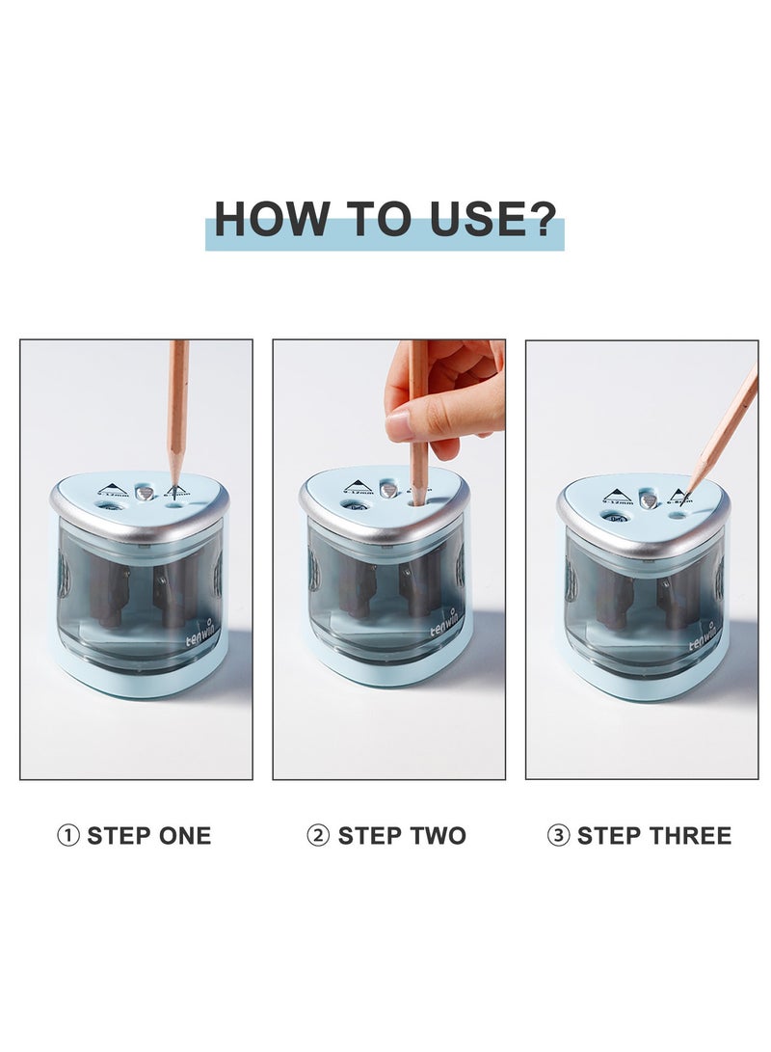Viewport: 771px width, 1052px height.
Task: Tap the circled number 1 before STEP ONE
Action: pos(68,836)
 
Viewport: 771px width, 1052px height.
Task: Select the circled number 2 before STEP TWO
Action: pos(318,836)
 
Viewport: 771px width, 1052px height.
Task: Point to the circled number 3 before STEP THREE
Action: pos(558,836)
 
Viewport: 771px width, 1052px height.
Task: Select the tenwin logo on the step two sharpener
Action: pos(447,633)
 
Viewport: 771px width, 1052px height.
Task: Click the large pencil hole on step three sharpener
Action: pos(615,518)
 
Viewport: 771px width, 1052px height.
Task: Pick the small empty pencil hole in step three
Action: pos(678,514)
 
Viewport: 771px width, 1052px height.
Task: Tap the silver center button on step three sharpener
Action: pos(650,499)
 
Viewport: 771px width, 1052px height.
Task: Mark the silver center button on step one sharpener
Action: pos(145,493)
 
